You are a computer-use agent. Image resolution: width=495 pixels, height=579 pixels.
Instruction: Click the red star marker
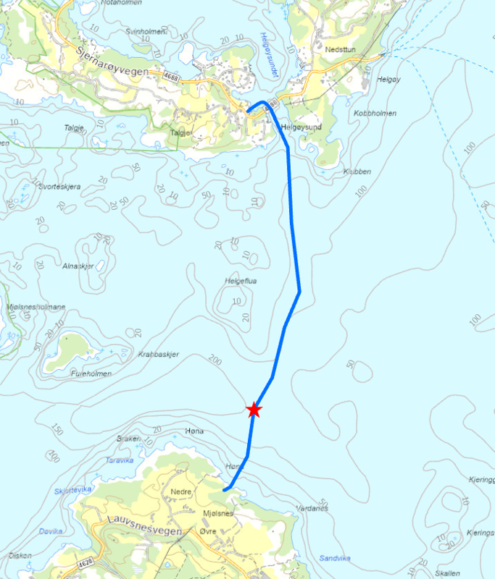pos(254,410)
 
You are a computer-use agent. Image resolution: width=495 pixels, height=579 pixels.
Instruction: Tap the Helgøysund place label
pos(301,127)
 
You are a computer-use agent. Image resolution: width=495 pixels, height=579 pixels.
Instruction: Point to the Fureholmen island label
pos(92,373)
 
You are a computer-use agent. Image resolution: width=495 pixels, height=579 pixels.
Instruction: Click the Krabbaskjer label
pos(157,355)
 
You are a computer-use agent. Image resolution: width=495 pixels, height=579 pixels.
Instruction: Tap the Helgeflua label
pos(241,281)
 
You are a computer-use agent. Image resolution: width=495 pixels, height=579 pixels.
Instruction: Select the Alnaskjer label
pos(78,266)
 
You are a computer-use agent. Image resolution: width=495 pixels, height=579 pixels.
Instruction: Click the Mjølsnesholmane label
pos(36,307)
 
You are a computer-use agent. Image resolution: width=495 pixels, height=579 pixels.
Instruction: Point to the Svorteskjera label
pos(56,187)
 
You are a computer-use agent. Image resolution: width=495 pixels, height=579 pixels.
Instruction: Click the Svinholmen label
pos(146,32)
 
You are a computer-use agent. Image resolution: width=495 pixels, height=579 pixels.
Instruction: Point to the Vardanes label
pos(312,508)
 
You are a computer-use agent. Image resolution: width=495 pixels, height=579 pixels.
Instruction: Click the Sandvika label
pos(336,558)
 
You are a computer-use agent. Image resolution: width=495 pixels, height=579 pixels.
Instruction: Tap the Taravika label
pos(120,460)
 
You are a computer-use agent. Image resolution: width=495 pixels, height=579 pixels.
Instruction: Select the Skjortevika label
pos(72,490)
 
